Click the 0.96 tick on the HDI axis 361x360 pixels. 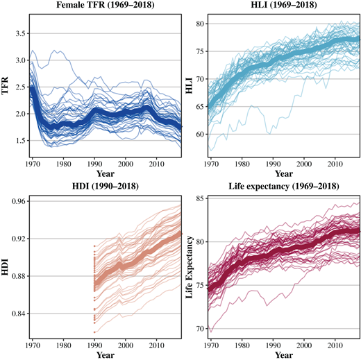[x=17, y=202]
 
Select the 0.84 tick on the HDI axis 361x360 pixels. [x=17, y=314]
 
